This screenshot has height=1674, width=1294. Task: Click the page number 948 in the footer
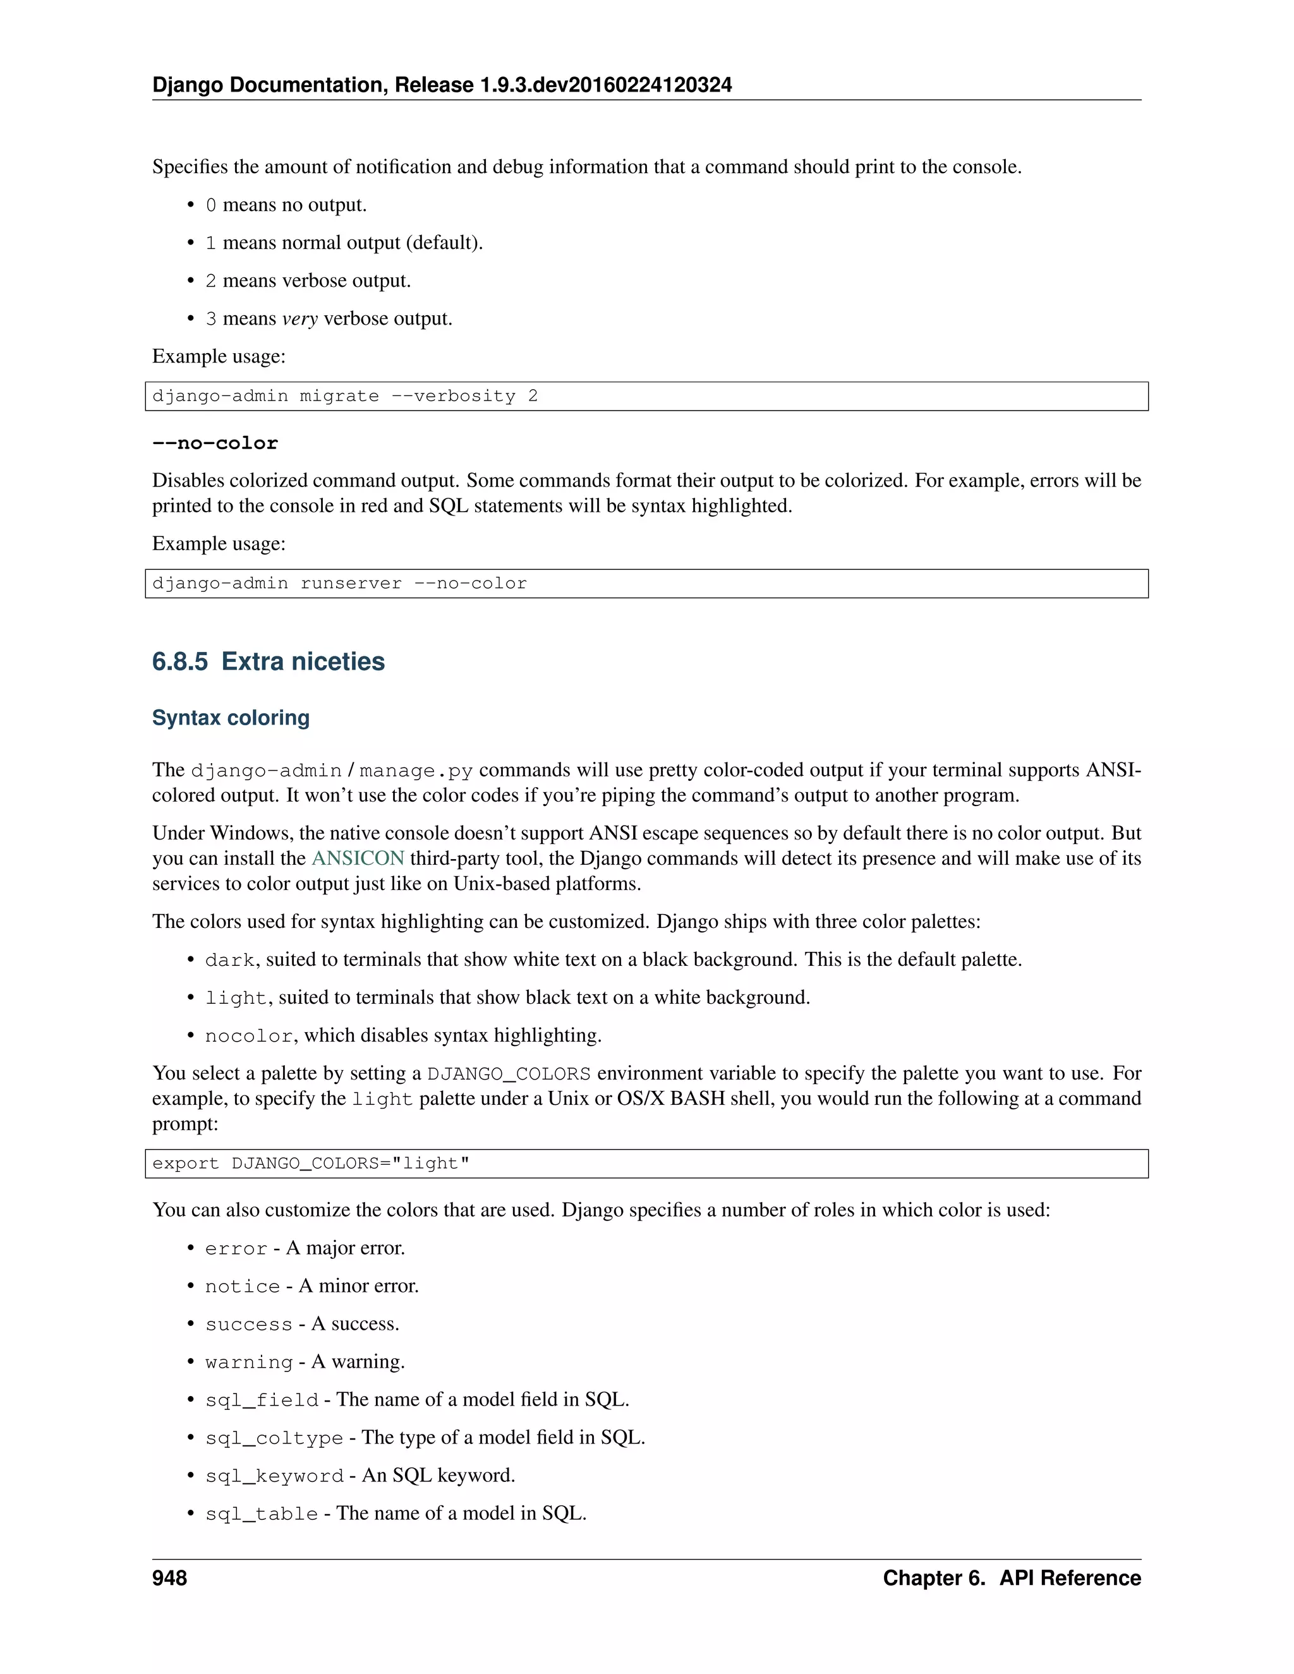[169, 1578]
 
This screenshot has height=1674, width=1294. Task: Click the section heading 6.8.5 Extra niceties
[269, 661]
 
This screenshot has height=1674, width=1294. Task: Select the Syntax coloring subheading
[231, 718]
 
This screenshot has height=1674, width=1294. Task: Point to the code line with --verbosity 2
[345, 396]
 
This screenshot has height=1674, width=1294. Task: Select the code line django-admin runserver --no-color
[339, 583]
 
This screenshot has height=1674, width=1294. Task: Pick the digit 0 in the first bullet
[211, 205]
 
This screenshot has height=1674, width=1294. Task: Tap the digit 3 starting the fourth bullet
[211, 319]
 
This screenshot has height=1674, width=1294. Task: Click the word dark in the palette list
[230, 960]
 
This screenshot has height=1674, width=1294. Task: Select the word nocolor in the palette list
[249, 1036]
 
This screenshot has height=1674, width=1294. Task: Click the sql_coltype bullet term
[274, 1438]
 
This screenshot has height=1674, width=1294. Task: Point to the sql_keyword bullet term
[274, 1476]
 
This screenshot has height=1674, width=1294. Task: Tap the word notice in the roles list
[242, 1287]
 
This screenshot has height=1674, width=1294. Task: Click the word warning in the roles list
[249, 1363]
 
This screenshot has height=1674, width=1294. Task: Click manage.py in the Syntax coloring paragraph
[416, 770]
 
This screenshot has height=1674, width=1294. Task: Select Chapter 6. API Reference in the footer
[1011, 1578]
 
